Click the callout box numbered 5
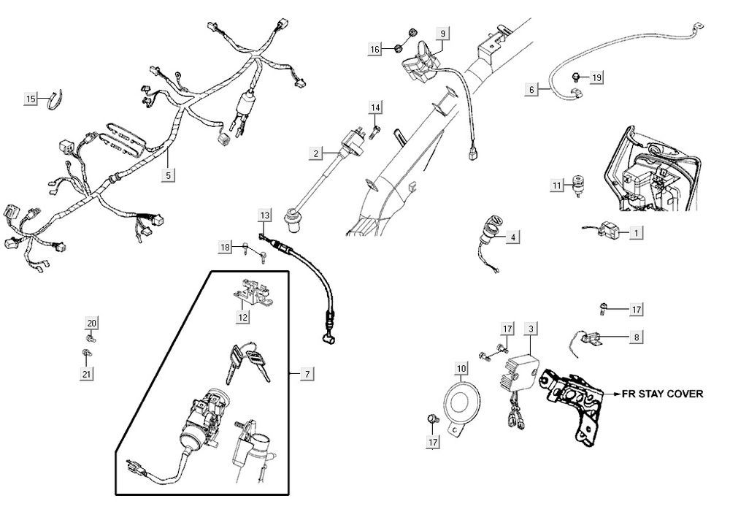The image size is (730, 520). coord(169,175)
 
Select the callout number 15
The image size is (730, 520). coord(31,99)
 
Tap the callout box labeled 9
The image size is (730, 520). coord(443,33)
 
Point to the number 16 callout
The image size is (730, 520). coord(375,49)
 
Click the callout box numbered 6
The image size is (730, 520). coord(532,89)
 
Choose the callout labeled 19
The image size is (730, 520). coord(597,77)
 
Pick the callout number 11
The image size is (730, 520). coord(556,186)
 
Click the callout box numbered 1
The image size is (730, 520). coord(637,233)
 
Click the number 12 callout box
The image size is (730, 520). coord(242,317)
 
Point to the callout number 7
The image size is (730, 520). coord(307,374)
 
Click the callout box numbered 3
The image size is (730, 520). coord(531,330)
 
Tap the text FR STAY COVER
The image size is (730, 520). coord(662,393)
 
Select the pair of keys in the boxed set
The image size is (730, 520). coord(246,364)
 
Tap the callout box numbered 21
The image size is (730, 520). coord(87,374)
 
